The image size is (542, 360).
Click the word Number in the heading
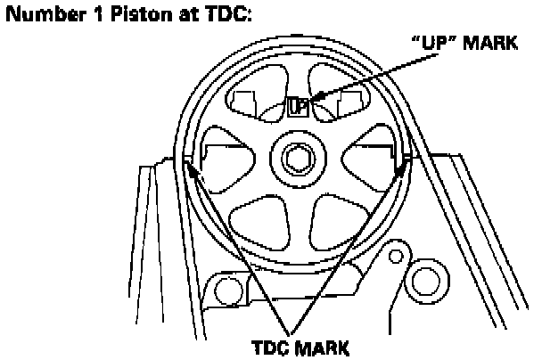(x=37, y=14)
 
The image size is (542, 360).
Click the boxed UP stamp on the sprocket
(x=299, y=108)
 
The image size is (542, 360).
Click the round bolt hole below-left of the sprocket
(x=226, y=288)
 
